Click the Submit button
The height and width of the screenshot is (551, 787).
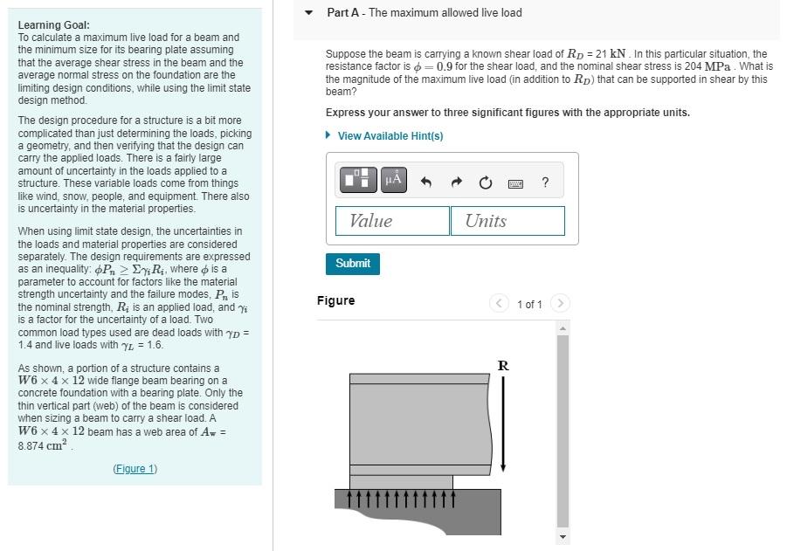click(x=353, y=263)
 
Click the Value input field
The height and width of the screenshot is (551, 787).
click(x=392, y=221)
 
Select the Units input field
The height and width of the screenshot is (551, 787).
click(x=507, y=221)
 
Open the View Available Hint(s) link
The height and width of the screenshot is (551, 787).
click(x=390, y=136)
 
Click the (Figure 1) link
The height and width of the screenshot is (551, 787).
click(x=135, y=469)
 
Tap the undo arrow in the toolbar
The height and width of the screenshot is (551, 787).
click(x=426, y=182)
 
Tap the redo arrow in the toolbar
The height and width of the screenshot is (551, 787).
click(x=456, y=182)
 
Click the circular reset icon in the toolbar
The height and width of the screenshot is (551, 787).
click(x=486, y=182)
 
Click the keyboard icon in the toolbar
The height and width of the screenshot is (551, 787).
click(x=515, y=183)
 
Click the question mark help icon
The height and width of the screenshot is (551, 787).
click(x=545, y=182)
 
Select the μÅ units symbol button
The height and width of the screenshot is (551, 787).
click(x=393, y=180)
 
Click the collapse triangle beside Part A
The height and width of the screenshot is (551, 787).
click(x=308, y=13)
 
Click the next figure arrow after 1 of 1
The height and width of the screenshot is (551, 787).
click(x=561, y=304)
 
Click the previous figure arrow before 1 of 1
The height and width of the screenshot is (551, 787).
click(x=499, y=304)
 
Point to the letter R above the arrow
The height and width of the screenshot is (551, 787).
click(x=503, y=365)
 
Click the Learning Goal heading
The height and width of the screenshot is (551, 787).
click(x=53, y=25)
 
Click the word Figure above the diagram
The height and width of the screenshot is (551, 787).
click(x=335, y=300)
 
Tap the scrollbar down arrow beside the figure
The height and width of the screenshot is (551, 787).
click(x=563, y=536)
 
